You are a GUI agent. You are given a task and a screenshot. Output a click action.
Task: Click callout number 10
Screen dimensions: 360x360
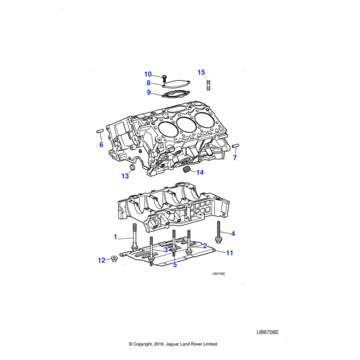(148, 74)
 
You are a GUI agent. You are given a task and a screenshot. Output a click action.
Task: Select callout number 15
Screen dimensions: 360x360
(201, 72)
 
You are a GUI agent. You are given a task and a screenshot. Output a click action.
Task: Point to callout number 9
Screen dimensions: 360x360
(149, 92)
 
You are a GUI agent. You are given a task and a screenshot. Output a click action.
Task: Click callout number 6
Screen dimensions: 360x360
(101, 145)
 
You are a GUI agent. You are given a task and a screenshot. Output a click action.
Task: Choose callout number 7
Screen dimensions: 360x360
(235, 158)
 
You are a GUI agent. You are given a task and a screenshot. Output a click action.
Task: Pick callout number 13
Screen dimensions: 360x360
(125, 176)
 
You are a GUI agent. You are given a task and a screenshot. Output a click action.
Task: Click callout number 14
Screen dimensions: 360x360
(200, 173)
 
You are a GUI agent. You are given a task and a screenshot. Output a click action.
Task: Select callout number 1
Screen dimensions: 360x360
(116, 237)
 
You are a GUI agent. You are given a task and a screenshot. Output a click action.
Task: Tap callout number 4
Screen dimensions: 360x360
(233, 233)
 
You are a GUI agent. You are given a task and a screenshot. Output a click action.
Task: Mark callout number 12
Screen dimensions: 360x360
(101, 260)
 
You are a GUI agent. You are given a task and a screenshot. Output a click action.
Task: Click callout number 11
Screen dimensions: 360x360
(229, 253)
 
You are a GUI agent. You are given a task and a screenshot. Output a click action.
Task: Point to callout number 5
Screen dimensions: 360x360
(175, 264)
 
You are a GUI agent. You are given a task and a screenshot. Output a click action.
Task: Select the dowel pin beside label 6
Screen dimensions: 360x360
(100, 131)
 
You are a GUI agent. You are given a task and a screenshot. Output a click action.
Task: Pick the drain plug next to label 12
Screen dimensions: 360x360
(113, 260)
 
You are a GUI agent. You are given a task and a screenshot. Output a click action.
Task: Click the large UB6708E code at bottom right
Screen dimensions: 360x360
(268, 331)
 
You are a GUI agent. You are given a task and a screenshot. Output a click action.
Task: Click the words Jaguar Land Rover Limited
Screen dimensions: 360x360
(190, 344)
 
